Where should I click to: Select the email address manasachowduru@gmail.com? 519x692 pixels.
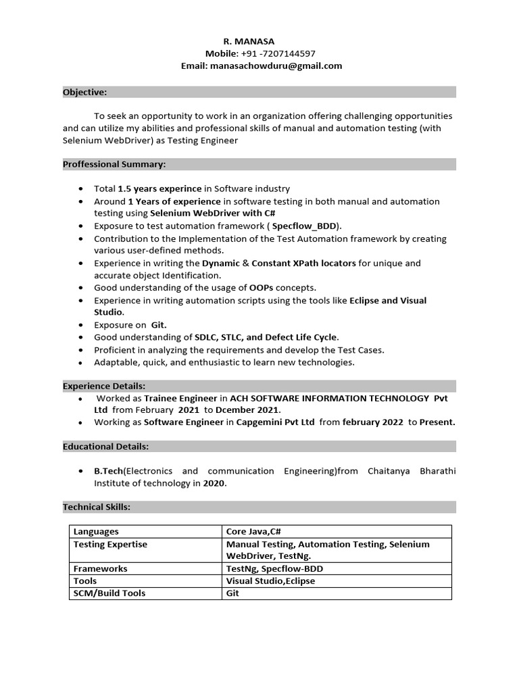point(276,66)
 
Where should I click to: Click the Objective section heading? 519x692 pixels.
point(85,92)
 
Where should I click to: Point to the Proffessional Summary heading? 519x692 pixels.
point(114,164)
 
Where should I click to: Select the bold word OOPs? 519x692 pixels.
point(261,288)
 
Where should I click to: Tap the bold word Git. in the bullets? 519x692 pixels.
point(159,325)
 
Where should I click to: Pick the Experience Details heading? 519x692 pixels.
point(104,386)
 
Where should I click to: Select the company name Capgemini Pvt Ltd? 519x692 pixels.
point(276,422)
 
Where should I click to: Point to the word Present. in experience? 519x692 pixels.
point(437,422)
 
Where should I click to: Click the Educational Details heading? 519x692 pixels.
point(106,447)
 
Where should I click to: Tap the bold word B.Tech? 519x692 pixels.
point(108,471)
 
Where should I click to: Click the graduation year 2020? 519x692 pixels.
point(215,483)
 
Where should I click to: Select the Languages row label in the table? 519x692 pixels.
point(96,532)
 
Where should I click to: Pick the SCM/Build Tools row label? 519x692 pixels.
point(109,593)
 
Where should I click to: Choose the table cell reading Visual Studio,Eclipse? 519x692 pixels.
point(270,581)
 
